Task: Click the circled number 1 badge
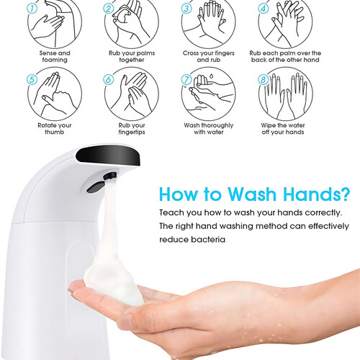(32, 9)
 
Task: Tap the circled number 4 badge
(264, 9)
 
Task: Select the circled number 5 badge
(32, 80)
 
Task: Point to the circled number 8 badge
(264, 80)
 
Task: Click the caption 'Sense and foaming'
(55, 56)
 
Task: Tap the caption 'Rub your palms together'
(132, 56)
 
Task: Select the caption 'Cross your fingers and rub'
(209, 56)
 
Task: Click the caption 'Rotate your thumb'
(55, 129)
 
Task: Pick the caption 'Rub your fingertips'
(132, 129)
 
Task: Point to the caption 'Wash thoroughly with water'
(209, 129)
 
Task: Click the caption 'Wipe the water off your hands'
(283, 129)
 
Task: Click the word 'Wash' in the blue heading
(252, 194)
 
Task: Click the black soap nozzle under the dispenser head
(110, 176)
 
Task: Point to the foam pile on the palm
(114, 279)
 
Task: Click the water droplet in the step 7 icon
(212, 76)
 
